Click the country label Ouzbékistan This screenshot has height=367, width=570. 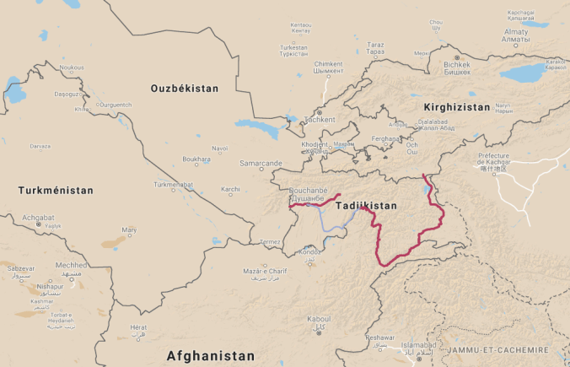coord(184,89)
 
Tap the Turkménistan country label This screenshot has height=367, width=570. coord(56,191)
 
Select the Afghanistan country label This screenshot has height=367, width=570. coord(210,355)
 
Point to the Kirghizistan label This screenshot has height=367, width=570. coord(456,108)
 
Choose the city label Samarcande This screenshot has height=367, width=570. coord(261,163)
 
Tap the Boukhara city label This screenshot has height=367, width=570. coord(196,159)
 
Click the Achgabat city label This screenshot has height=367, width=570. coord(38,217)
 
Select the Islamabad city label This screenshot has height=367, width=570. coord(419,345)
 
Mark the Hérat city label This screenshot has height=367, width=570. coord(138,327)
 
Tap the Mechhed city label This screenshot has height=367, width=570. coord(71,264)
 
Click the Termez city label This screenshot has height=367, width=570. coord(270,242)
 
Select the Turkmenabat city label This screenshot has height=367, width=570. coord(173,184)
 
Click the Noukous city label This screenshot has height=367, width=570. coord(72,67)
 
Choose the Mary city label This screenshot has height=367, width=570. coord(129,229)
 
